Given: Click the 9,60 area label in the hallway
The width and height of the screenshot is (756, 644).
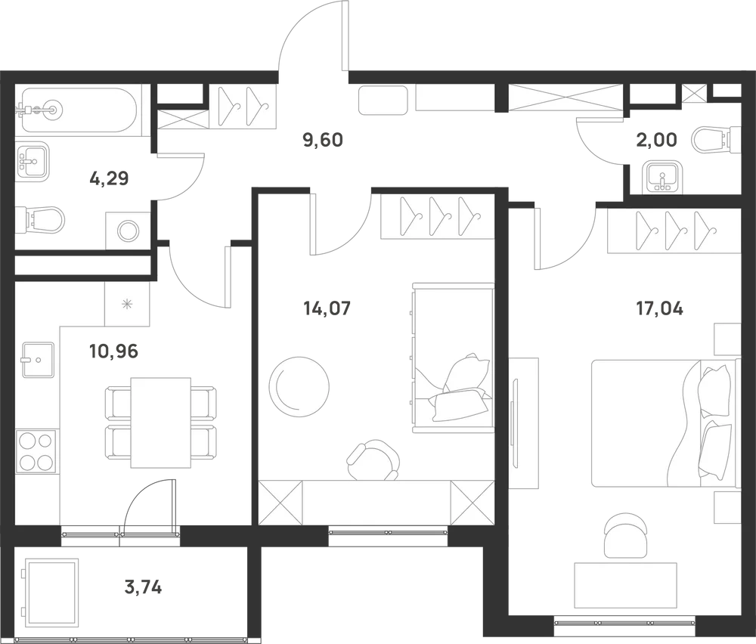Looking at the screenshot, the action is (x=323, y=141).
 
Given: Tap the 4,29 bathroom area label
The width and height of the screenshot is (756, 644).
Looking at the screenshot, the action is (x=109, y=179).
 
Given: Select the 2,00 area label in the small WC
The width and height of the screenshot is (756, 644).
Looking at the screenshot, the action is (x=656, y=140).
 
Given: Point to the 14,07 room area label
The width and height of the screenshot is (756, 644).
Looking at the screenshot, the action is (x=327, y=308).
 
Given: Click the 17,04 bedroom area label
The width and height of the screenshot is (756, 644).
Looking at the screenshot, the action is (x=659, y=308).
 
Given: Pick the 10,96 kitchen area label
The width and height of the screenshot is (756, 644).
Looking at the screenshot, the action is (x=114, y=351).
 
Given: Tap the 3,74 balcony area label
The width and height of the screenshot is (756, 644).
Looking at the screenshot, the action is (x=143, y=587).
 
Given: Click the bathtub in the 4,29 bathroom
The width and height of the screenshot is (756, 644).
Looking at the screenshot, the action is (x=76, y=110).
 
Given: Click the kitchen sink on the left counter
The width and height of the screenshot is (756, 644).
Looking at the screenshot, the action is (x=38, y=360).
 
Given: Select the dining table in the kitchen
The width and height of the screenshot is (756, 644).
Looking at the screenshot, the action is (x=160, y=423).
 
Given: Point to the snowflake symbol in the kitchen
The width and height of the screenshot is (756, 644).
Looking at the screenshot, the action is (x=127, y=304).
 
